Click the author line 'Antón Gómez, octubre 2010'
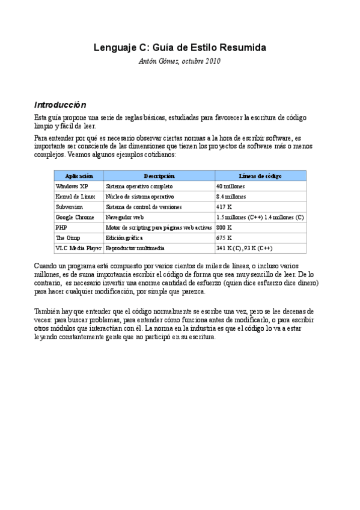[x=180, y=61]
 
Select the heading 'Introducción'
[x=60, y=104]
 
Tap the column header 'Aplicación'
[x=79, y=176]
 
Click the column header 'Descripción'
[x=159, y=176]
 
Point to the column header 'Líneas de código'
[x=260, y=176]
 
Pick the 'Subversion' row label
[x=68, y=207]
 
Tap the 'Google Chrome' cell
[x=75, y=217]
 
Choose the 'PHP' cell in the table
[x=61, y=227]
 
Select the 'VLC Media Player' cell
[x=78, y=248]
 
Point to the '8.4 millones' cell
[x=231, y=197]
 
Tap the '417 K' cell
[x=224, y=207]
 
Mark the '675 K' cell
[x=224, y=238]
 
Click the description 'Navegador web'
[x=125, y=217]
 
